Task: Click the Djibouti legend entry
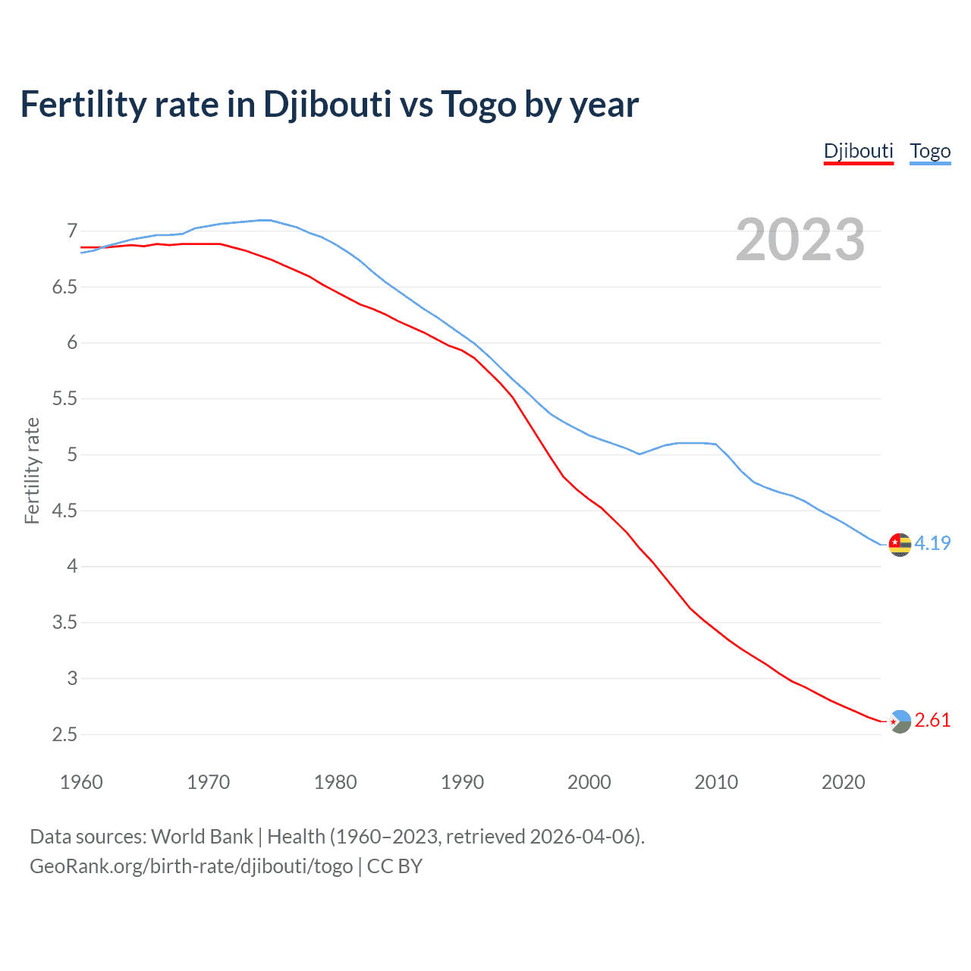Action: click(x=858, y=151)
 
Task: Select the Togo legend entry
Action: click(x=930, y=151)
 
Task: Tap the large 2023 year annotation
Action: click(x=800, y=240)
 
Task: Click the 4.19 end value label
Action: click(x=932, y=543)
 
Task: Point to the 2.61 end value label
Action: click(x=932, y=720)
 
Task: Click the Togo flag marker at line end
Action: click(x=900, y=545)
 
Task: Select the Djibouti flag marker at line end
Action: click(x=900, y=721)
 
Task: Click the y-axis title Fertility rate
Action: click(x=32, y=470)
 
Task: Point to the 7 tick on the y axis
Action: click(x=72, y=231)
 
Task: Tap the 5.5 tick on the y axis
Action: click(x=64, y=398)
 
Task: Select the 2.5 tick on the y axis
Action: click(x=64, y=734)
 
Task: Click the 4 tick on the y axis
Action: click(x=72, y=566)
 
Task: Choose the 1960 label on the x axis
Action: click(x=81, y=782)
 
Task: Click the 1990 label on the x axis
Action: click(x=462, y=782)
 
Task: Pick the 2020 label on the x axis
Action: click(x=843, y=782)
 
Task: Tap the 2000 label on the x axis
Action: click(x=589, y=782)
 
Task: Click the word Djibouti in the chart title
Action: click(x=327, y=104)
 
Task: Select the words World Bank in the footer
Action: click(x=202, y=836)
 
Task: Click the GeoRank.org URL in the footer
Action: click(x=191, y=866)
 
